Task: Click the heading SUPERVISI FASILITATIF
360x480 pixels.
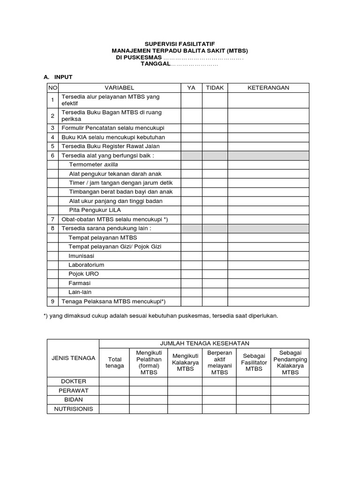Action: pos(180,43)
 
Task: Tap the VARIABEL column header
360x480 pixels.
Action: pos(119,88)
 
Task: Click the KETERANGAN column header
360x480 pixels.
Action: pos(268,88)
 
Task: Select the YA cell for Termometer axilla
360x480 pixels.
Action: pos(191,165)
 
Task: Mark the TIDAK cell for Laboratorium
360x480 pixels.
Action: pos(215,265)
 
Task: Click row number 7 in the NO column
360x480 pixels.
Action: pos(52,219)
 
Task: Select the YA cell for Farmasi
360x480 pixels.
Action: pos(191,283)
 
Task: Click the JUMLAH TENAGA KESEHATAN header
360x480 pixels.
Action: pos(204,344)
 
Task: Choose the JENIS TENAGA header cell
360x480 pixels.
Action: pos(73,358)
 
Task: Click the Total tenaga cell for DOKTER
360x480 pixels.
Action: pos(114,381)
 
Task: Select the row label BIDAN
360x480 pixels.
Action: pos(73,399)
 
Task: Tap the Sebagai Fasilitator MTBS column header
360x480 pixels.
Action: pos(254,362)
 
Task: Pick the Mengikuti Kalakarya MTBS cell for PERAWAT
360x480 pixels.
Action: pos(185,390)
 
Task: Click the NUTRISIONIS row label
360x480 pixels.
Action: pos(73,409)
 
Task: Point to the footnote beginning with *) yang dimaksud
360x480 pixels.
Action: pos(160,316)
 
